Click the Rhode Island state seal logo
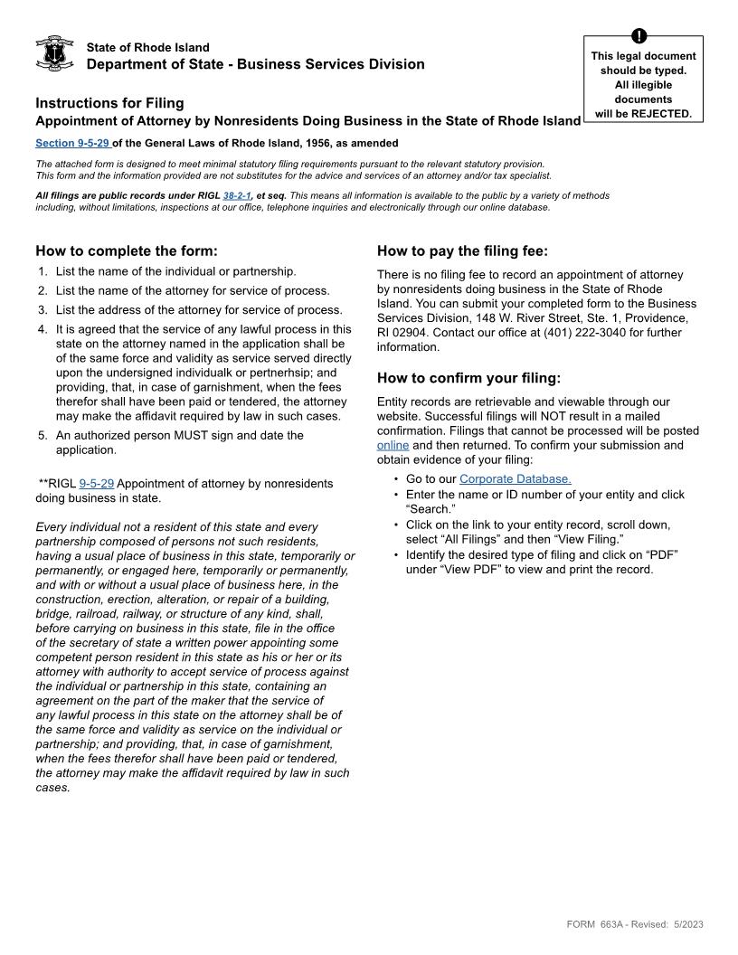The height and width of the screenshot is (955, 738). [x=54, y=54]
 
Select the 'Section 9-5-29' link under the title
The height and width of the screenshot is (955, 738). [x=72, y=143]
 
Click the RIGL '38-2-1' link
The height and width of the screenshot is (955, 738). [x=237, y=195]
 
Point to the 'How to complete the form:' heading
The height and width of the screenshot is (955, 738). [x=127, y=251]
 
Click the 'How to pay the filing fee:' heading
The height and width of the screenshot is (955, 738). [x=462, y=251]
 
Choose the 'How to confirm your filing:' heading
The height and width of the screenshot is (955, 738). [x=468, y=378]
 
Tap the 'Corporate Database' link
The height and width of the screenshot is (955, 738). [x=515, y=478]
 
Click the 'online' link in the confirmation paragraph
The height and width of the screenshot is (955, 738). [x=393, y=445]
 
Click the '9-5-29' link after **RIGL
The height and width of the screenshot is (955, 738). [x=97, y=484]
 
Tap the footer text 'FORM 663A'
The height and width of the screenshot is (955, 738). [x=592, y=924]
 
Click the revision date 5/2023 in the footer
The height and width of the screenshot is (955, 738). [x=688, y=924]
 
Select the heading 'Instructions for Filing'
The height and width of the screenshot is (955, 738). [x=109, y=103]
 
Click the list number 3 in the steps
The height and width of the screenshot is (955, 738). [x=43, y=310]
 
